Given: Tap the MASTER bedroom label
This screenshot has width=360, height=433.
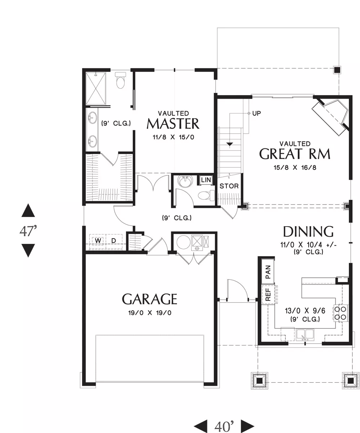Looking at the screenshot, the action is click(173, 124).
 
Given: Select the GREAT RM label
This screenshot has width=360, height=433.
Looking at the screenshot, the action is click(294, 154).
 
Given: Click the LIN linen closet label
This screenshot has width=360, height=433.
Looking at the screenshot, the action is click(206, 180).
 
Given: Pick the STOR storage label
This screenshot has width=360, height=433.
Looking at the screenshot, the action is click(229, 186).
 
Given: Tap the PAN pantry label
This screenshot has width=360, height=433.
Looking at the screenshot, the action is click(268, 272).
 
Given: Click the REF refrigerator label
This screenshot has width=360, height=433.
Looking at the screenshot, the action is click(268, 294).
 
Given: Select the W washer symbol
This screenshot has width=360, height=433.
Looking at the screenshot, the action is click(98, 241).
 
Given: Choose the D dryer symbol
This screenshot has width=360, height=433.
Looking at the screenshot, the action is click(113, 241).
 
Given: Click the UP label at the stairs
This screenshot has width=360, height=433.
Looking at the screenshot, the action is click(256, 113).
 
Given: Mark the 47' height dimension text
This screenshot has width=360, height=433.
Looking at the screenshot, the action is click(28, 231).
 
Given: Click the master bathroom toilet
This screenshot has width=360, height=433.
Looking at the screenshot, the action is click(120, 80).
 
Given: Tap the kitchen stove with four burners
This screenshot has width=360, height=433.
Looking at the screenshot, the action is click(340, 313).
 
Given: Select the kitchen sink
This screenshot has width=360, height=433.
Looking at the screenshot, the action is click(305, 335).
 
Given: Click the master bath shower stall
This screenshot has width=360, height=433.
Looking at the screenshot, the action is click(96, 89).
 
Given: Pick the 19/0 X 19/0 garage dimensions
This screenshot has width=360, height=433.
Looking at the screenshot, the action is click(150, 313).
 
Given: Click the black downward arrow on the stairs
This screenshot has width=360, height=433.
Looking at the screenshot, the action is click(230, 144).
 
